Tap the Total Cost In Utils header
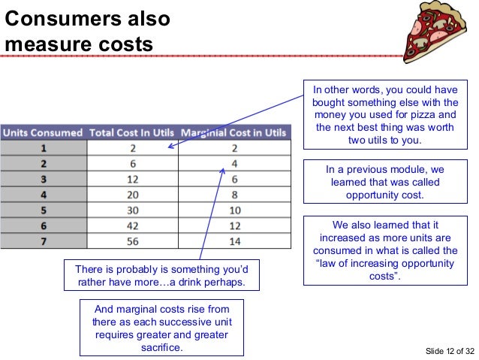click(x=132, y=133)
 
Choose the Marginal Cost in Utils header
click(x=233, y=133)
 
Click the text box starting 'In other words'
click(x=386, y=116)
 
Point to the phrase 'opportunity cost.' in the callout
click(x=386, y=195)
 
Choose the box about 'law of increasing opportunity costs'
click(x=386, y=250)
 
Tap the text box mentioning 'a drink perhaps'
click(x=161, y=276)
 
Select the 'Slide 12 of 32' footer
click(x=447, y=350)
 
